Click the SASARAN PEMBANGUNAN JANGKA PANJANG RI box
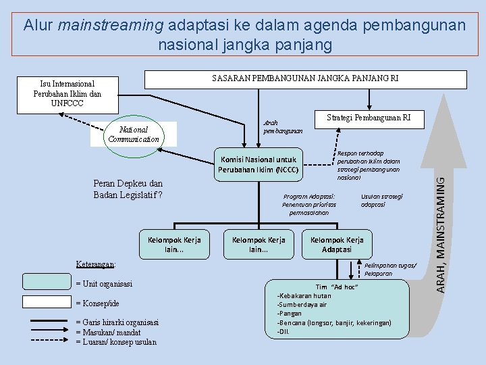[306, 79]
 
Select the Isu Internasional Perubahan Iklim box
[67, 94]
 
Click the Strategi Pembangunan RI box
[369, 118]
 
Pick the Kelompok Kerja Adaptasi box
[336, 245]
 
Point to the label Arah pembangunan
[282, 126]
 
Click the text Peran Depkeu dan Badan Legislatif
[128, 189]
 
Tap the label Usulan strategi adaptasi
[381, 200]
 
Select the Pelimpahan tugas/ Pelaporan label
[390, 269]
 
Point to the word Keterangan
[96, 264]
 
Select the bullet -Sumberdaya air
[303, 305]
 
